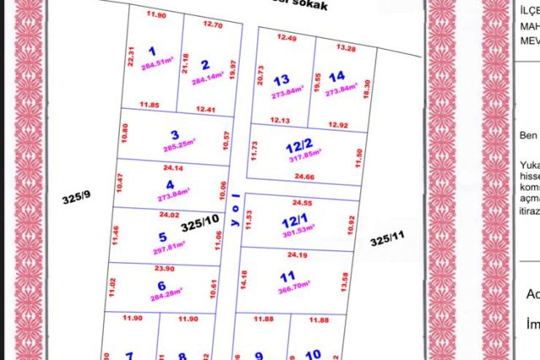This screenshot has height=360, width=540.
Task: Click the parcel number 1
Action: pyautogui.click(x=152, y=51)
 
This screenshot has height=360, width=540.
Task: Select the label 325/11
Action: pyautogui.click(x=386, y=241)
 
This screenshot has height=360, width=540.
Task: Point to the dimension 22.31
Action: pyautogui.click(x=132, y=57)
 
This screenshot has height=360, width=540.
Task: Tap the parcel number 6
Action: pyautogui.click(x=160, y=284)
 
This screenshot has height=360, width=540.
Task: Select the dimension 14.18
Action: pyautogui.click(x=245, y=279)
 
